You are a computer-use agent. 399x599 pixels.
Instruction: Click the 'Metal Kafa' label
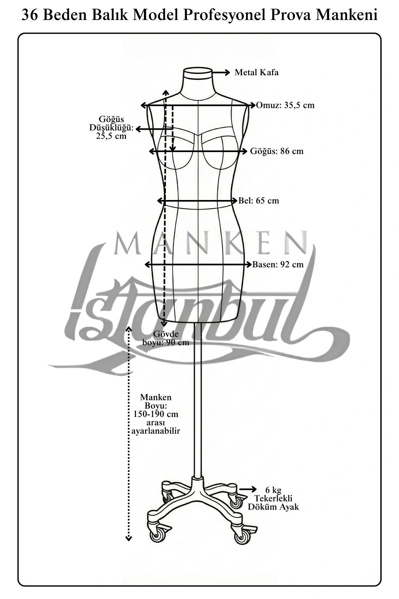click(x=256, y=73)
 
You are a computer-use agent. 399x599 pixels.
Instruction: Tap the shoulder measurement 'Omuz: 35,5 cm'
click(x=285, y=105)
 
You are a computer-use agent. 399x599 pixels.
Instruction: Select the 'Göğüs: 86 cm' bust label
click(x=277, y=151)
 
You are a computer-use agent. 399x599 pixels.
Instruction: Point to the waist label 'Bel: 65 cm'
click(x=259, y=201)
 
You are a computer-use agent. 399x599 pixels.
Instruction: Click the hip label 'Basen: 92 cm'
click(x=278, y=265)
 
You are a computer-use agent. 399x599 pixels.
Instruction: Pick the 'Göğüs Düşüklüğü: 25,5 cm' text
click(x=111, y=127)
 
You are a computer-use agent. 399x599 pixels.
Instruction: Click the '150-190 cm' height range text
click(x=156, y=414)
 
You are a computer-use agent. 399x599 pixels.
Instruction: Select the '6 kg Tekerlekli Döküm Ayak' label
click(x=273, y=499)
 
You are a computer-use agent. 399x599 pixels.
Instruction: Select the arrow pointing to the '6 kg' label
click(x=248, y=489)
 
